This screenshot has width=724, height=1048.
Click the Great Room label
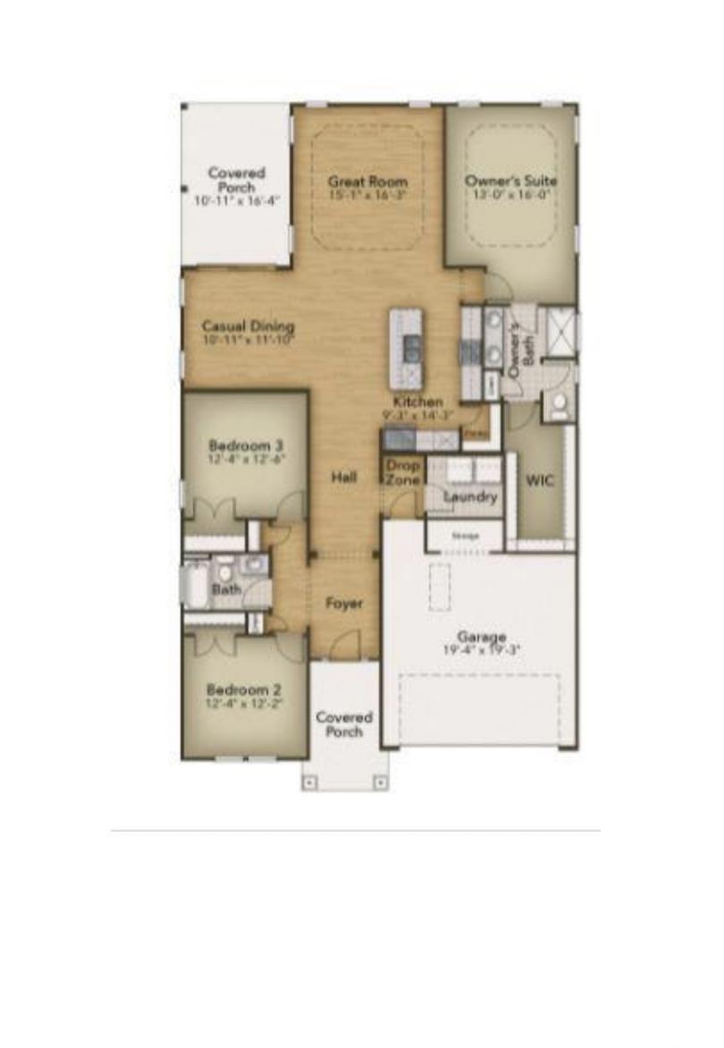point(367,182)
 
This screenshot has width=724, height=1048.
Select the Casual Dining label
point(248,326)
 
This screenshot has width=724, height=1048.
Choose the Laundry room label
point(470,496)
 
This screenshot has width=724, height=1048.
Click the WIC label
point(540,481)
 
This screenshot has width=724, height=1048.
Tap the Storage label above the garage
point(465,536)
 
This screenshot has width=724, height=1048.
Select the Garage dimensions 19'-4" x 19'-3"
point(482,650)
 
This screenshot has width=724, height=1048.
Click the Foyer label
point(344,604)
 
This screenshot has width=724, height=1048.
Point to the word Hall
point(344,478)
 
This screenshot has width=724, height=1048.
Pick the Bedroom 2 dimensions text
point(245,703)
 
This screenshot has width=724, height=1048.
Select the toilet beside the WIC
point(559,407)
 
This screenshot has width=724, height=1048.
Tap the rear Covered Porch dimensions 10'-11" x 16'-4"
point(237,201)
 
